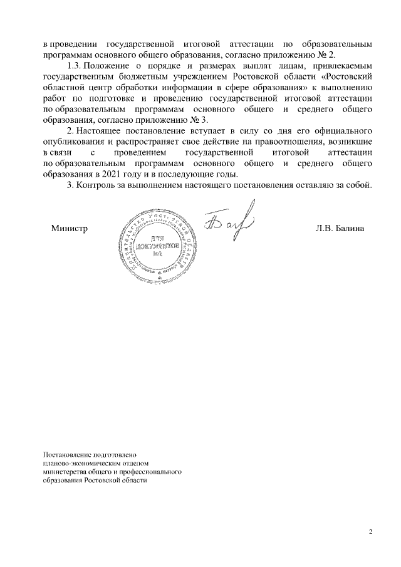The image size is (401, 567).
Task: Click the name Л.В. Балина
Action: click(340, 229)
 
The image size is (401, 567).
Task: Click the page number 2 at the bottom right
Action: click(370, 532)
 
